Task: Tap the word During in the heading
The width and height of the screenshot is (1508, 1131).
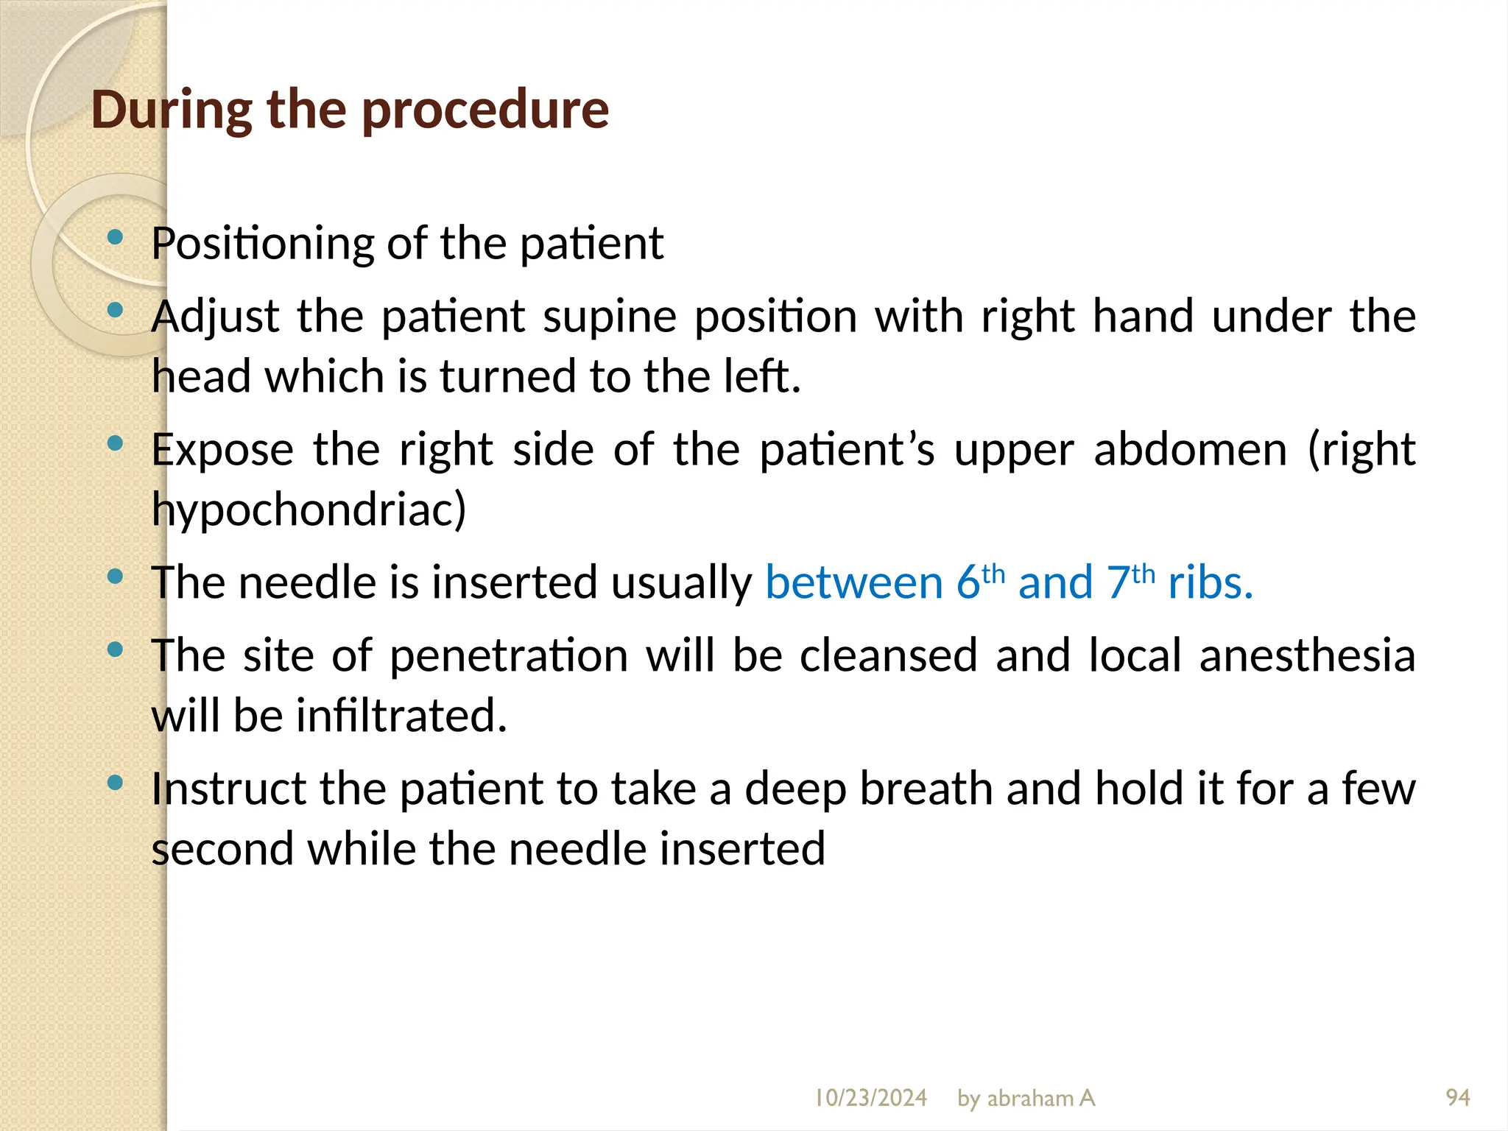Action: (170, 109)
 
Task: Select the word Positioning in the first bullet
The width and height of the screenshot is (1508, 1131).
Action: (262, 244)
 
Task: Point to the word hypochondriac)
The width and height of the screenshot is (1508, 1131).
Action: (309, 510)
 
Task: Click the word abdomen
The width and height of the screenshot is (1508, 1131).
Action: (1190, 449)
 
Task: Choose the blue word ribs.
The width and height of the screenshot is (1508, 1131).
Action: (1210, 582)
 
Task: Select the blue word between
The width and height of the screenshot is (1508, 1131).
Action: (853, 582)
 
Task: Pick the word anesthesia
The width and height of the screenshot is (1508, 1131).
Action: (1306, 655)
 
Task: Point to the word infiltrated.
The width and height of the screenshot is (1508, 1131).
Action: (401, 715)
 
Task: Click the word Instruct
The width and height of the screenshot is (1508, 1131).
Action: (228, 789)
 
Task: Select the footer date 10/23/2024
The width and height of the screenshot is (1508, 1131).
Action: (870, 1098)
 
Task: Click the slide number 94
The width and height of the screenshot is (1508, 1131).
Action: (1457, 1098)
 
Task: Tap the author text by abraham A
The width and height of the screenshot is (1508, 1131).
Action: (1026, 1098)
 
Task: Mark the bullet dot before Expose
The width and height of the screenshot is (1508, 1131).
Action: (114, 443)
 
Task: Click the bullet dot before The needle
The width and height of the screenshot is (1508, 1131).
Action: (114, 577)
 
